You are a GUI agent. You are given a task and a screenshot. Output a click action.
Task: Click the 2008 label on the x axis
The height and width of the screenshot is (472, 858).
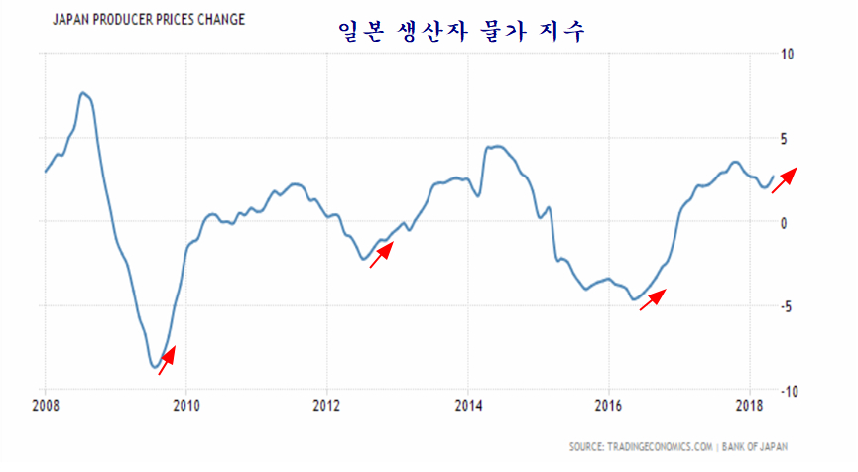(46, 405)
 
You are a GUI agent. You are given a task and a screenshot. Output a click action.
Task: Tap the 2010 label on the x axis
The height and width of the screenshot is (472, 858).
(185, 405)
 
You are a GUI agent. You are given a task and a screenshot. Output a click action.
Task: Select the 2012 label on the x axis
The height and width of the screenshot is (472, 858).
(326, 405)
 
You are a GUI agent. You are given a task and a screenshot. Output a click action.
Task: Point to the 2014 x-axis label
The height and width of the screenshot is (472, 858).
(468, 405)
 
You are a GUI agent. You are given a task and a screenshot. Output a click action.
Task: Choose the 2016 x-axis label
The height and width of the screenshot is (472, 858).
(609, 405)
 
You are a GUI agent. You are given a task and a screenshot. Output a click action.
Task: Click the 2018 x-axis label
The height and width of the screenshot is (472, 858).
(750, 405)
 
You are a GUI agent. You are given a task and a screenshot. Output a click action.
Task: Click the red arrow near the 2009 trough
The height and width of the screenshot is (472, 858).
(167, 359)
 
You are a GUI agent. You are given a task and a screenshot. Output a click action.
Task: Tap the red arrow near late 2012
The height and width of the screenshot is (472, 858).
(382, 253)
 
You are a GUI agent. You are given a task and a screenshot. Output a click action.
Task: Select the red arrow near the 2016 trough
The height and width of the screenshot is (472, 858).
(652, 299)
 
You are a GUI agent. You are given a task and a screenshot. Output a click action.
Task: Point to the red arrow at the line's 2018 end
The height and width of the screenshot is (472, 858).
(784, 179)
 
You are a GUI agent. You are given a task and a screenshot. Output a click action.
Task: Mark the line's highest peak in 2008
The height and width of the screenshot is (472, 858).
(83, 93)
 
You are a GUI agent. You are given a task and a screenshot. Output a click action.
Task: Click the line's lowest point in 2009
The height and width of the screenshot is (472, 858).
(156, 367)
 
